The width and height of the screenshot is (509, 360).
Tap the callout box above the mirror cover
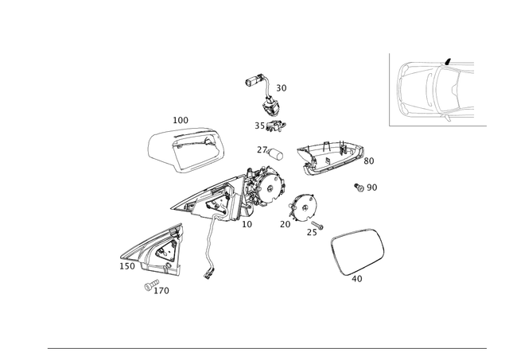click(181, 120)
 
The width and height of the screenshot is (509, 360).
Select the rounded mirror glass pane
click(357, 253)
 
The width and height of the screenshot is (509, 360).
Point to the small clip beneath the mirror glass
click(357, 278)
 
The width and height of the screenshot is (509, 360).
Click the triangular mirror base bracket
click(155, 250)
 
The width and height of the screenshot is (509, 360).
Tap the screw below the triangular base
click(151, 285)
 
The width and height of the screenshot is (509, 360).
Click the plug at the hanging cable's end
click(208, 273)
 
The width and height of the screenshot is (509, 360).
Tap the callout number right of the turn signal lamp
click(368, 160)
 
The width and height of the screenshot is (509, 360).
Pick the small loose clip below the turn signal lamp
click(366, 188)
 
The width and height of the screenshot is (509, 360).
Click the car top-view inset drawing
click(432, 89)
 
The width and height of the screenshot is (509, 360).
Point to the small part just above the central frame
click(266, 149)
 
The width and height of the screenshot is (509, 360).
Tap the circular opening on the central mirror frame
click(270, 188)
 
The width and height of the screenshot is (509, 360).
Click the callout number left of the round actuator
click(284, 226)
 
